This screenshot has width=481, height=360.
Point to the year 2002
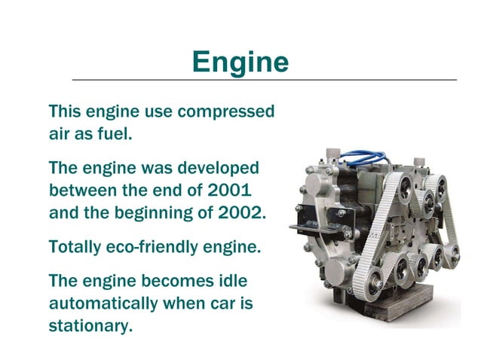pos(244,212)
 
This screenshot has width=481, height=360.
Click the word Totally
pos(75,246)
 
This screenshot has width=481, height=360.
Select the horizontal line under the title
pos(264,79)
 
